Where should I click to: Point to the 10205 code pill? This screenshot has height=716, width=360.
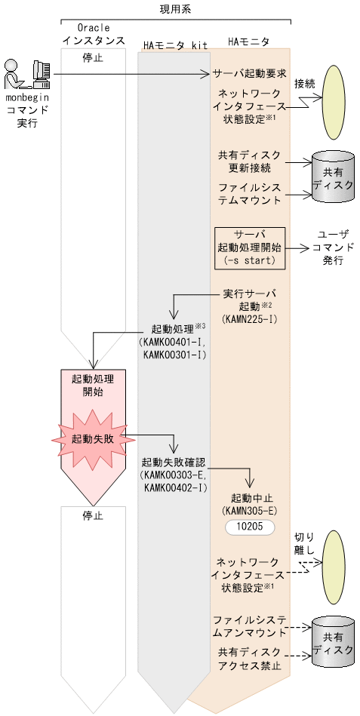click(248, 527)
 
